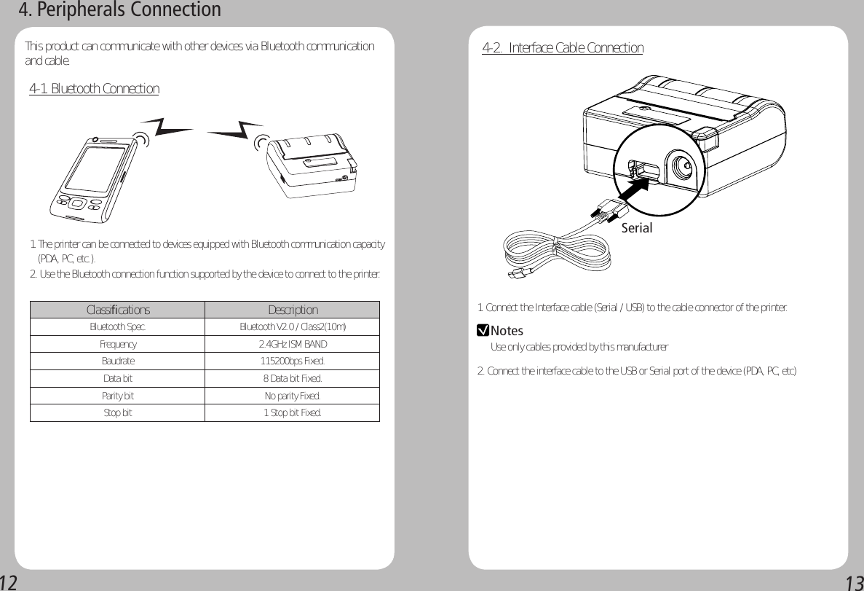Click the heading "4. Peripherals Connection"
tap(119, 10)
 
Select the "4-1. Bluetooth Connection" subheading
tap(94, 89)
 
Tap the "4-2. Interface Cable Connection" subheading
tap(563, 48)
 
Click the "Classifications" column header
tap(118, 310)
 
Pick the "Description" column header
tap(293, 310)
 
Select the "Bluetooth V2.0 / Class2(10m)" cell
tap(293, 326)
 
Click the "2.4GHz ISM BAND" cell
tap(293, 344)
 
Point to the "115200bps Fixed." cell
tap(293, 361)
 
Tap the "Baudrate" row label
tap(118, 361)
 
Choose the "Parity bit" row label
tap(118, 396)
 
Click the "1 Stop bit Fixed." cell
tap(293, 413)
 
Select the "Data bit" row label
tap(118, 379)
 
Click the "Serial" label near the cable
tap(637, 228)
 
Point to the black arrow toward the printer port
tap(632, 195)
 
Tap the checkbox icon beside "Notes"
tap(482, 331)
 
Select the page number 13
tap(854, 582)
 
